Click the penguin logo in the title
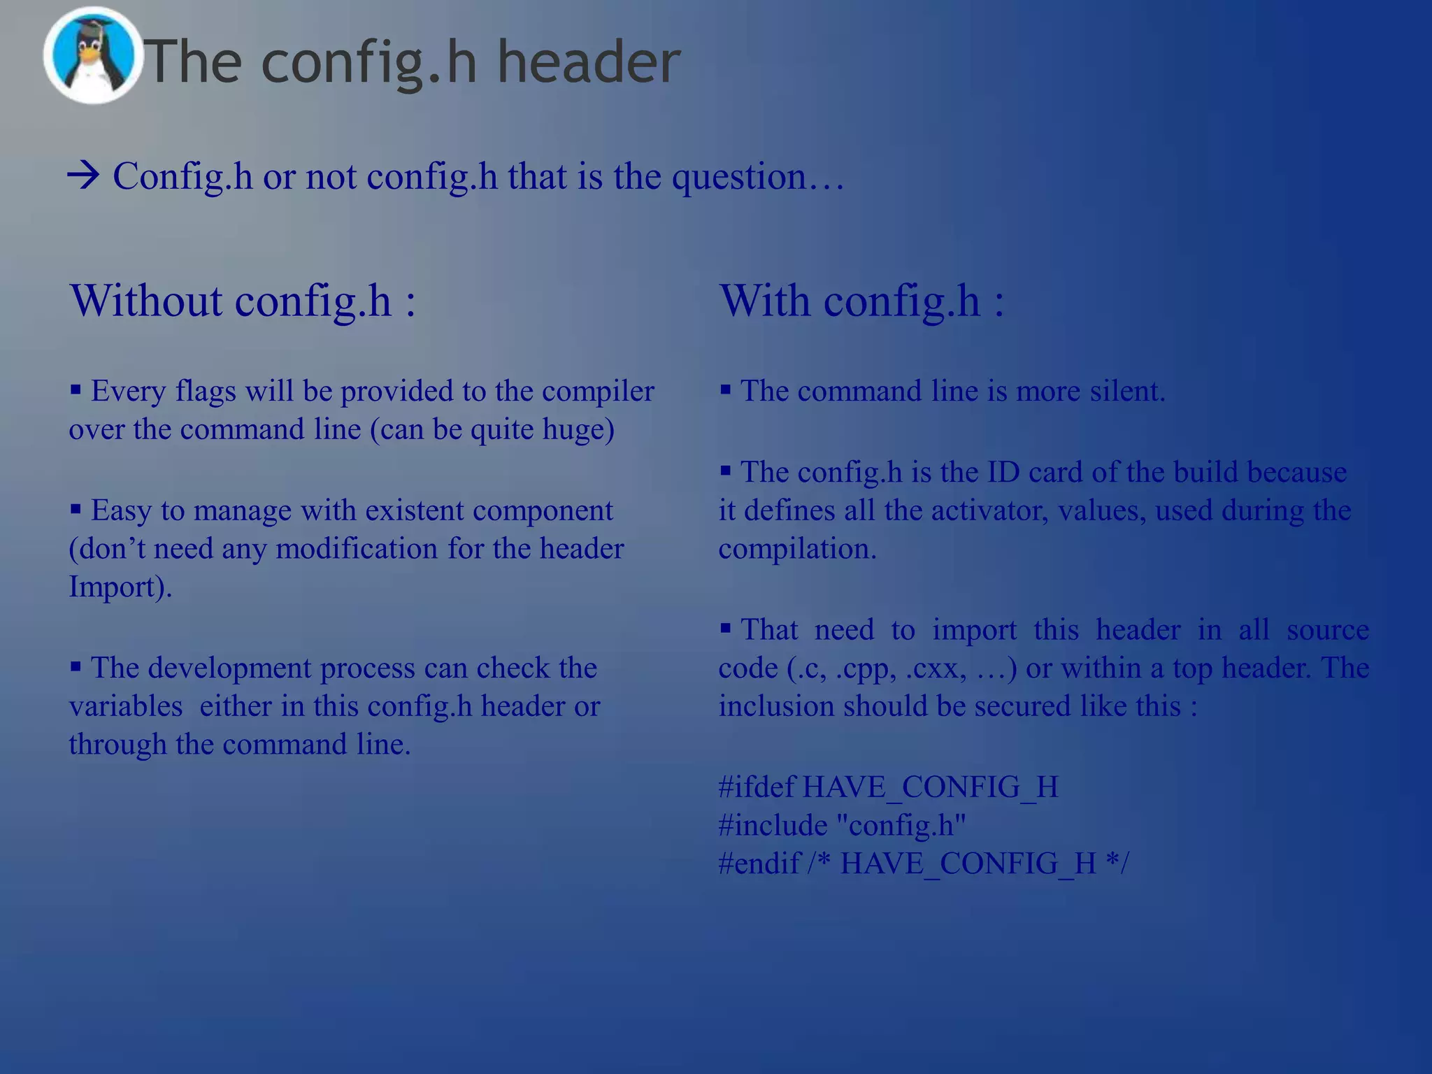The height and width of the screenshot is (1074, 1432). pyautogui.click(x=92, y=56)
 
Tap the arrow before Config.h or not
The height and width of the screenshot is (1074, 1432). pyautogui.click(x=84, y=176)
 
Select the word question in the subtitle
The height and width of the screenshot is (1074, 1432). pyautogui.click(x=738, y=177)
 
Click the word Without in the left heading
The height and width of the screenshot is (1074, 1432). pyautogui.click(x=145, y=301)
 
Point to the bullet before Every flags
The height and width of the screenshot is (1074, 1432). pyautogui.click(x=76, y=389)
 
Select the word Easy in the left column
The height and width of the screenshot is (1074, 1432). pyautogui.click(x=121, y=510)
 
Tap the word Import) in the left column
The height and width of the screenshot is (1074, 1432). pyautogui.click(x=120, y=587)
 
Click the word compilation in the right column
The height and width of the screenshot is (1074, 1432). pyautogui.click(x=796, y=549)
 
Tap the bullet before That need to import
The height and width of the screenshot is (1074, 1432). pyautogui.click(x=726, y=629)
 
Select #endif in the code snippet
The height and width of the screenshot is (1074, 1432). pyautogui.click(x=759, y=864)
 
